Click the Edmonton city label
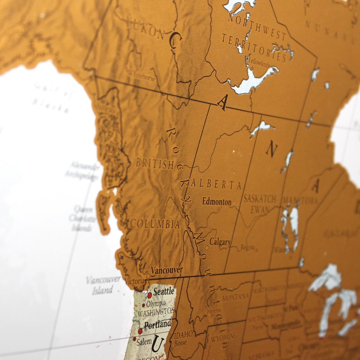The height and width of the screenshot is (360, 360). pyautogui.click(x=217, y=202)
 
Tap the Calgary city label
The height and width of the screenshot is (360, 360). pyautogui.click(x=220, y=242)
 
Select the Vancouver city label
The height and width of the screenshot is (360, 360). pyautogui.click(x=167, y=270)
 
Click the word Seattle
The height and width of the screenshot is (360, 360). pyautogui.click(x=164, y=292)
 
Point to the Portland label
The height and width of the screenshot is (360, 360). pyautogui.click(x=157, y=325)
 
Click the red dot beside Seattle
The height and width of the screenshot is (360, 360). pyautogui.click(x=149, y=295)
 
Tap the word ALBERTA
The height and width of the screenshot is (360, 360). pyautogui.click(x=216, y=184)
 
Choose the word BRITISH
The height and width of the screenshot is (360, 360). pyautogui.click(x=155, y=164)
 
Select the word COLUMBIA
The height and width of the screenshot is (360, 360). pyautogui.click(x=155, y=224)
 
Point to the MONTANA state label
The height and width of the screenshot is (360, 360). pyautogui.click(x=235, y=297)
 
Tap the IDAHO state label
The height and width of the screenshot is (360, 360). pyautogui.click(x=183, y=334)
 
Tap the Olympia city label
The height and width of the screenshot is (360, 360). pyautogui.click(x=156, y=304)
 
